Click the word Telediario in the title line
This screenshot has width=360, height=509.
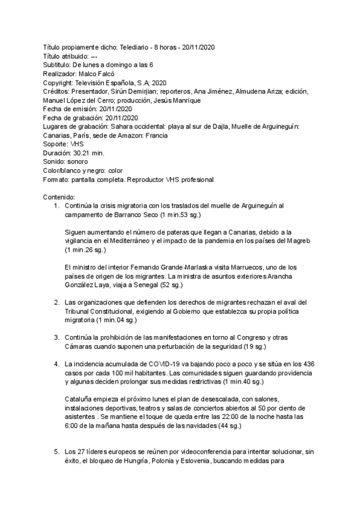tap(136, 47)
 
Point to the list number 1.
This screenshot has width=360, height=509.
tap(55, 206)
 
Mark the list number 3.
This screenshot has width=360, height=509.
tap(55, 337)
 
